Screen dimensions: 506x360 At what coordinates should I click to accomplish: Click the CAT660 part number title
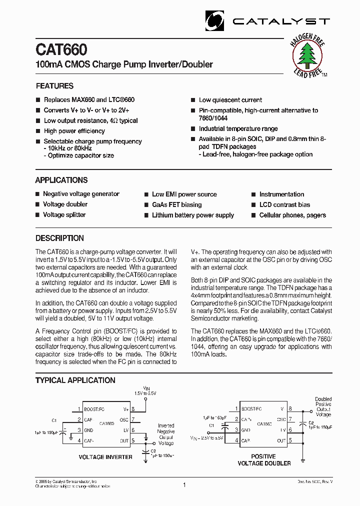[61, 50]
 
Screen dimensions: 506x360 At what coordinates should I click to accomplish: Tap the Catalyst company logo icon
[215, 21]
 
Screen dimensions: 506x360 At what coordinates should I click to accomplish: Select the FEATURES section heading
[54, 86]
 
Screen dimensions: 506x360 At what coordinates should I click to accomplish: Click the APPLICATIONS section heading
[61, 180]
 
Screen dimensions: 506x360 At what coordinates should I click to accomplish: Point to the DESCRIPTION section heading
[59, 238]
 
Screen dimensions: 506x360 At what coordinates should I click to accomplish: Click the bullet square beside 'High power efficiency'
[37, 131]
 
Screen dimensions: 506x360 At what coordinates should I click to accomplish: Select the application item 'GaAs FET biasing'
[176, 204]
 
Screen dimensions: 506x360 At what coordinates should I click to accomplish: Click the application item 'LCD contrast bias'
[284, 204]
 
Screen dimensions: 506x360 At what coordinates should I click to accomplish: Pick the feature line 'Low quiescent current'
[230, 100]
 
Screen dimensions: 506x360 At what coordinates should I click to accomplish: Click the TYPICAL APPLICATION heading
[75, 380]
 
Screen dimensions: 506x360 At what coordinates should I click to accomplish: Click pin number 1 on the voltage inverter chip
[79, 409]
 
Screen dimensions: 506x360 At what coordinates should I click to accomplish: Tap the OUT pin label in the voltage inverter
[124, 440]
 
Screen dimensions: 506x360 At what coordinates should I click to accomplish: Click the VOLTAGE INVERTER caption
[105, 457]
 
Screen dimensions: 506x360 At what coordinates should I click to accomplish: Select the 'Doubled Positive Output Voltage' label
[323, 407]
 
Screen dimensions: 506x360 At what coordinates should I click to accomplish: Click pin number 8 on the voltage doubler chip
[290, 409]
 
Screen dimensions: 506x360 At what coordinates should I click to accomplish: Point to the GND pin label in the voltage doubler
[246, 430]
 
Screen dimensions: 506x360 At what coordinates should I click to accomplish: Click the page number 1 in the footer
[184, 484]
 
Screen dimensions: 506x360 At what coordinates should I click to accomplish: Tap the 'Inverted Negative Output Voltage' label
[166, 434]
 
